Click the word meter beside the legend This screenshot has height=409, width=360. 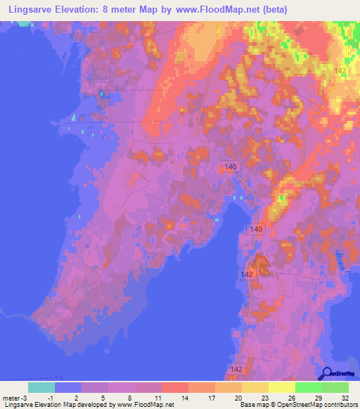(13, 398)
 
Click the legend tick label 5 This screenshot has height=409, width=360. (109, 398)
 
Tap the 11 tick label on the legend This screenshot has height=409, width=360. (162, 398)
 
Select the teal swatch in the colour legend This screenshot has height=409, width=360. (41, 387)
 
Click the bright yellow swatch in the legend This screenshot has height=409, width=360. (282, 387)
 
